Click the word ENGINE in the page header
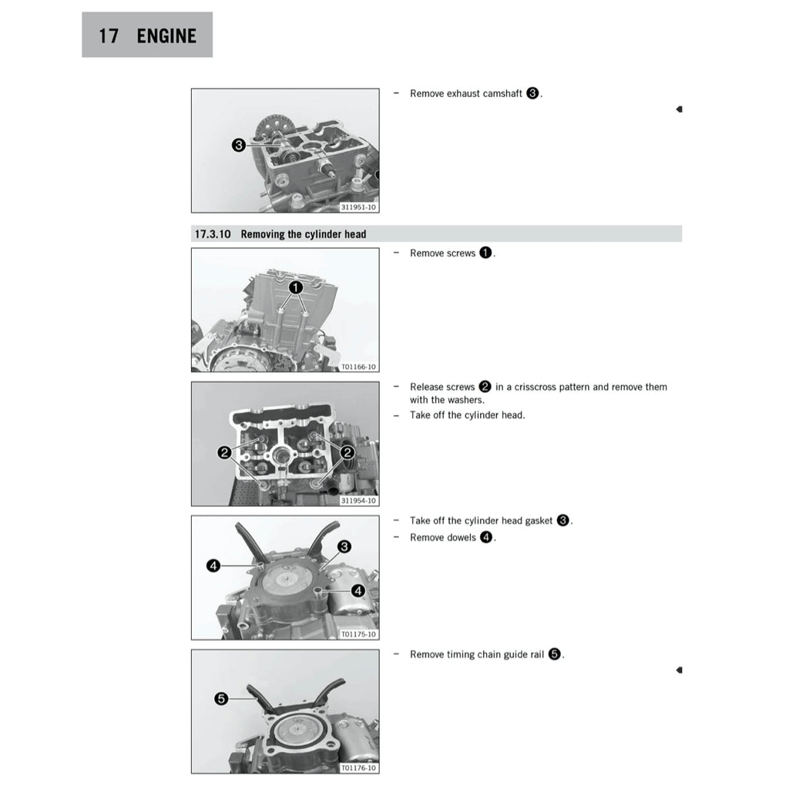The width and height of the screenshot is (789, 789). point(166,35)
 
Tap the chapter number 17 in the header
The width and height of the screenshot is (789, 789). point(109,35)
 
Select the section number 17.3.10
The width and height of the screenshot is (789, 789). point(213,234)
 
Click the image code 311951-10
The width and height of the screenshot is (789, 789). point(358,207)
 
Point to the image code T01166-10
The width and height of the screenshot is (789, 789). point(358,367)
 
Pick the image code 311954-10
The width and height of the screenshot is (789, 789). point(358,501)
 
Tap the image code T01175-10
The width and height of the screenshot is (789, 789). point(358,634)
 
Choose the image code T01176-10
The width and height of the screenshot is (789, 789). point(358,768)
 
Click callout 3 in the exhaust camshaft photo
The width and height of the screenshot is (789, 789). point(239,146)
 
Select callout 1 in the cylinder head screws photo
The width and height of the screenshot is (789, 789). point(296,287)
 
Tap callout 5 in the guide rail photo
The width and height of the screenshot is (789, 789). point(221,698)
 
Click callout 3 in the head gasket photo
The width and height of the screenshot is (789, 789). point(344,546)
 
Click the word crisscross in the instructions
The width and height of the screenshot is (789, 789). point(535,387)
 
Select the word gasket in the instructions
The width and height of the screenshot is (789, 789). point(539,521)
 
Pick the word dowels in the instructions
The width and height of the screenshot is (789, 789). point(462,537)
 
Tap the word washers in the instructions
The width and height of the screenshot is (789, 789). point(466,400)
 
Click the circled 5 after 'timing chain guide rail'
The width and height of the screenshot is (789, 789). point(554,654)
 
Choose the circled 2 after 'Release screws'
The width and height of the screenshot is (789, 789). point(485,387)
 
